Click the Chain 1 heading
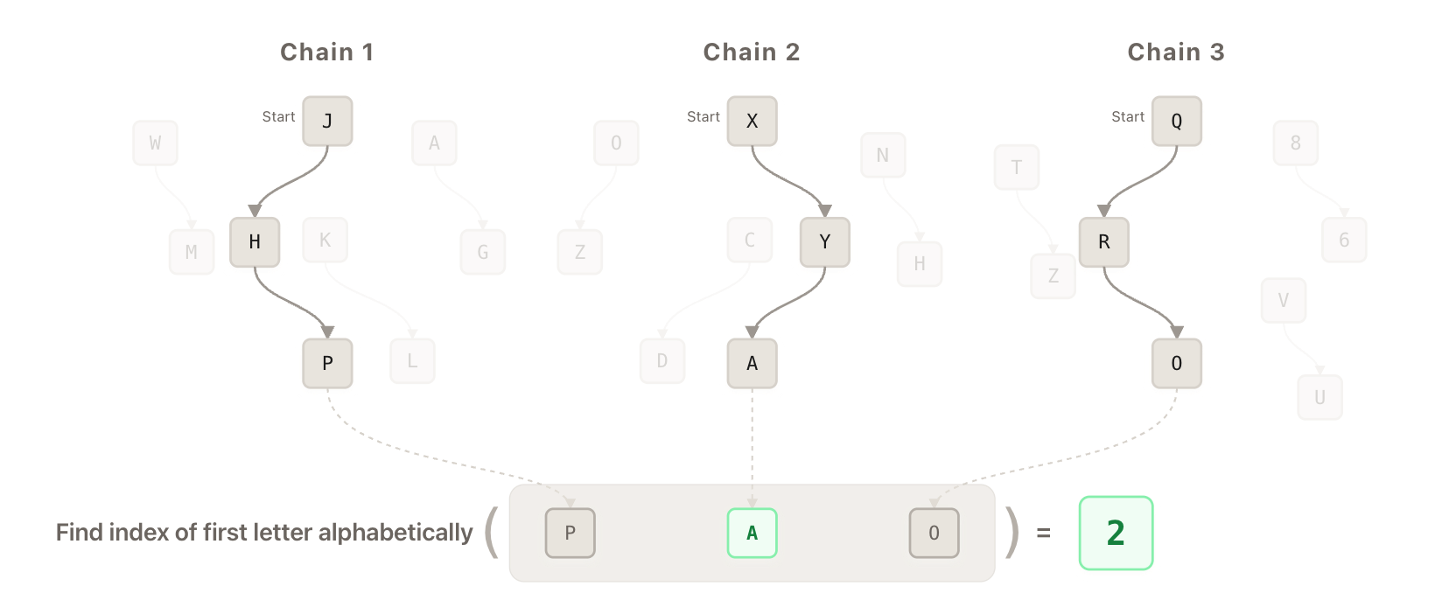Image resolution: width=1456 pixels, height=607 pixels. coord(327,52)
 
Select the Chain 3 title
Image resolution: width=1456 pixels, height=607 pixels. coord(1175,52)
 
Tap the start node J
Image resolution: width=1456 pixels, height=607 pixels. coord(327,121)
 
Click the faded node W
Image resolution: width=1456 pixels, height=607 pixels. coord(155,143)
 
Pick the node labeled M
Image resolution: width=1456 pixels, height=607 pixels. coord(191,252)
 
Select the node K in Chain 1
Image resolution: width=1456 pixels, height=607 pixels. coord(325,240)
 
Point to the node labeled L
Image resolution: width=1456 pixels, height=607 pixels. coord(412,360)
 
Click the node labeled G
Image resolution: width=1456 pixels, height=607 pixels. coord(483,252)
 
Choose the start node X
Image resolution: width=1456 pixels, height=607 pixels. coord(752,121)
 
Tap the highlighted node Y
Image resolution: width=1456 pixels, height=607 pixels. coord(824,241)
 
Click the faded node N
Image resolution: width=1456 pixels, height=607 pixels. coord(882,155)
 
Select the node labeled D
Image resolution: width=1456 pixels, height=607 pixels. coord(661,360)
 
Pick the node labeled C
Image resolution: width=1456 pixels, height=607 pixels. coord(749,240)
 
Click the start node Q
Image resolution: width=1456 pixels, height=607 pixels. coord(1176,121)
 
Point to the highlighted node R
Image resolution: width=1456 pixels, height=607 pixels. coord(1103,241)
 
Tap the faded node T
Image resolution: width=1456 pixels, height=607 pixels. coord(1016,167)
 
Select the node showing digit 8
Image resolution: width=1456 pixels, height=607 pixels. coord(1295,143)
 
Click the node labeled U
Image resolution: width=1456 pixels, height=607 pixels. coord(1319,397)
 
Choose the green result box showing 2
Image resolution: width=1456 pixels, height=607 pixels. coord(1115,533)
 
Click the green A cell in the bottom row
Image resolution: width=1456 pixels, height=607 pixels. coord(752,533)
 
